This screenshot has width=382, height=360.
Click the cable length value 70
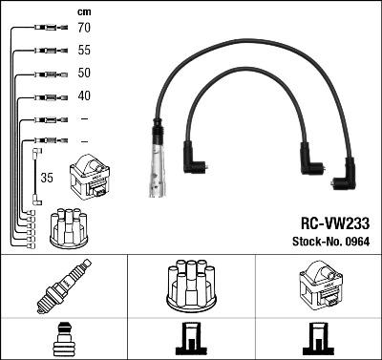coord(83,29)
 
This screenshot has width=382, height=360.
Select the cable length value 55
coord(83,51)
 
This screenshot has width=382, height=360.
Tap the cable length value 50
coord(83,74)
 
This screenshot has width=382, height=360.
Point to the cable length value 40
coord(83,95)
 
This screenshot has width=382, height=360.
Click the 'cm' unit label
coord(83,11)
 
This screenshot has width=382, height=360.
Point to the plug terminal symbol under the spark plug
coord(63,339)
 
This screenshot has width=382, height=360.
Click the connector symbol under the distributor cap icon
coord(190,339)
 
